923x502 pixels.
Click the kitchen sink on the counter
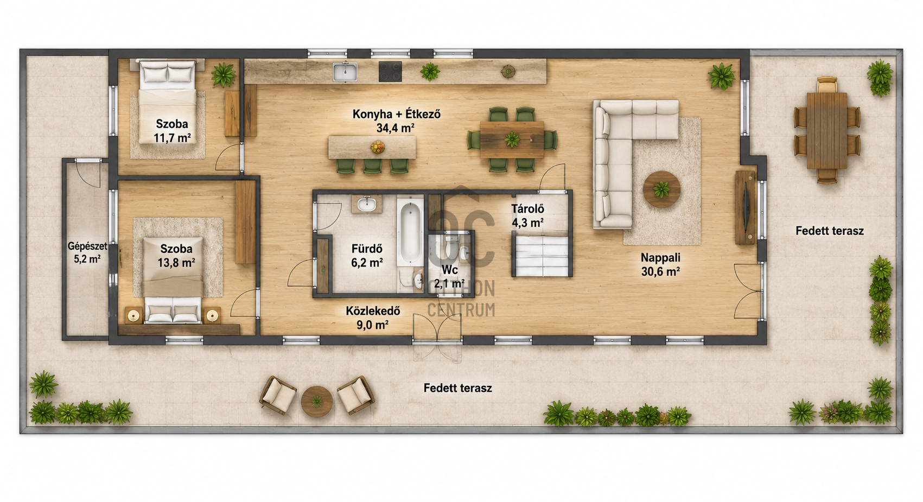coord(345,71)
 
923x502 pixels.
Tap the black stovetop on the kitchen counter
coord(390,71)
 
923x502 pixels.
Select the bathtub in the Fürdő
coord(410,232)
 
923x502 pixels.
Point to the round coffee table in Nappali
coord(662,189)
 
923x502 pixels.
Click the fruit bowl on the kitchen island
coord(378,147)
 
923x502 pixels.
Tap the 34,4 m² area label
coord(396,128)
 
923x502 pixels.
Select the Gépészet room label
coord(87,246)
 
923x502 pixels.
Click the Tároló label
coord(528,209)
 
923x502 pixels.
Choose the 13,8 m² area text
coord(176,263)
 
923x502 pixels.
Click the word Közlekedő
coord(373,311)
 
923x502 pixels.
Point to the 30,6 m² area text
coord(660,271)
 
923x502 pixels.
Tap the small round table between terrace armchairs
coord(317,402)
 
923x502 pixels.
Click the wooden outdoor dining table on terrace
coord(827,130)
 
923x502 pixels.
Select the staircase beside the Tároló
coord(542,254)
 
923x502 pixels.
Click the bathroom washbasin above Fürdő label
coord(366,204)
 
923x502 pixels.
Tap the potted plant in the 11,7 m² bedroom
coord(224,74)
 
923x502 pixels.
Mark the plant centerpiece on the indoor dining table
coord(512,139)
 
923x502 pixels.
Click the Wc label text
coord(449,270)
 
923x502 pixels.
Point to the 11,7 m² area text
coord(172,138)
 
